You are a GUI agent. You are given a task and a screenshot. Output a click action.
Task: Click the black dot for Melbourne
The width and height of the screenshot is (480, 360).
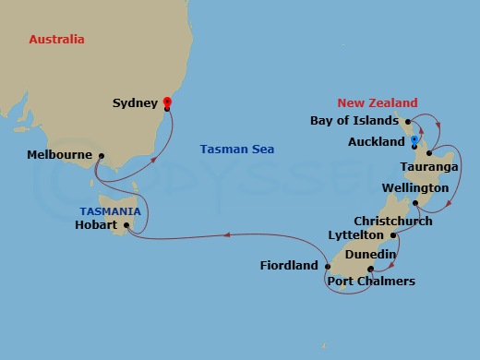click(x=101, y=156)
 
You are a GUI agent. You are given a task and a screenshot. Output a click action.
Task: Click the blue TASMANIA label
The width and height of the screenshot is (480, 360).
click(x=109, y=210)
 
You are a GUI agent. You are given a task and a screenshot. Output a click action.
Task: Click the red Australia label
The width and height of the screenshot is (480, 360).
click(x=57, y=40)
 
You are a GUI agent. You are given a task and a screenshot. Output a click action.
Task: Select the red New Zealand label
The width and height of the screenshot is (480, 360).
click(x=378, y=103)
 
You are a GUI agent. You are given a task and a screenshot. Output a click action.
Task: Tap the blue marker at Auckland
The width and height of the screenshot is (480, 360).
click(x=415, y=141)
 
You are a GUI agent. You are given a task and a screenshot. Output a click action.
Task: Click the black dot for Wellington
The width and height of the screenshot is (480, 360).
click(x=415, y=203)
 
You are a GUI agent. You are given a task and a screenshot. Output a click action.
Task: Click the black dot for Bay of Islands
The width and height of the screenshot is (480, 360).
click(x=407, y=121)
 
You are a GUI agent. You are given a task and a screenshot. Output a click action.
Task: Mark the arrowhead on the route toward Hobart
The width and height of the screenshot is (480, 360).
click(x=226, y=238)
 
